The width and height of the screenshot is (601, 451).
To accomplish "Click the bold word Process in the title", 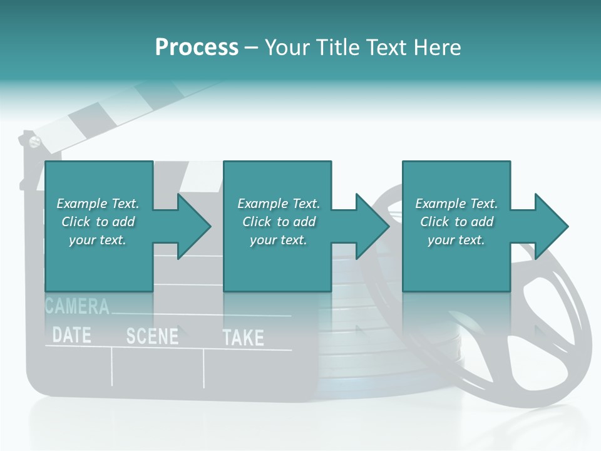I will tap(197, 48).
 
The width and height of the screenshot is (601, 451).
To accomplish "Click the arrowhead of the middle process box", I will tap(371, 226).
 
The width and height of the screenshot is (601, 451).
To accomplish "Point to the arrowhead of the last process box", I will tap(550, 226).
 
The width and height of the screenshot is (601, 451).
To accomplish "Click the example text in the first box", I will tap(98, 222).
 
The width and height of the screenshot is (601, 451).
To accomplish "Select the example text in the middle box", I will tap(278, 222).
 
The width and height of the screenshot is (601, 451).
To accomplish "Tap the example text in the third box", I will tap(456, 222).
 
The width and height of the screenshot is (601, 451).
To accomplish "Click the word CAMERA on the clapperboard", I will tap(78, 306).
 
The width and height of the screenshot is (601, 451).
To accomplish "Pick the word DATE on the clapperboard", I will tap(71, 335).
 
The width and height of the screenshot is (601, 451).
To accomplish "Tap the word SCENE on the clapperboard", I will tap(152, 336).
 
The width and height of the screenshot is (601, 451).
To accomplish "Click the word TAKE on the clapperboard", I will tap(244, 338).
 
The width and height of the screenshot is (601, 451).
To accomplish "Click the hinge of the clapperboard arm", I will tap(32, 140).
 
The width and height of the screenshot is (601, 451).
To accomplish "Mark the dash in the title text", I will tap(252, 48).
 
